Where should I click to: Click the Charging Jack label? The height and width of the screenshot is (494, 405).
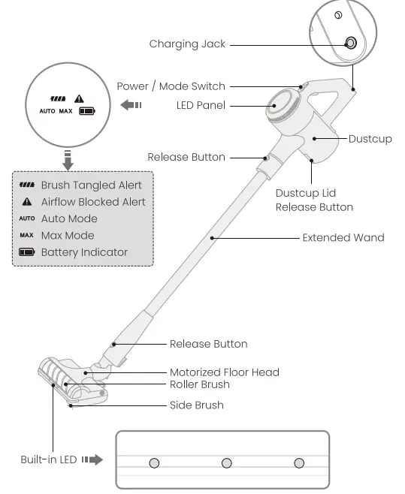pos(186,44)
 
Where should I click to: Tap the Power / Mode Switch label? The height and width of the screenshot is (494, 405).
pos(171,86)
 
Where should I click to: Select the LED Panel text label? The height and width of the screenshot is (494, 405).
pos(201,106)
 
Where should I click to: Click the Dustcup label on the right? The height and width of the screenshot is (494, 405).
pos(370,139)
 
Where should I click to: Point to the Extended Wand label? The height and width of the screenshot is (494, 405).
pos(343,238)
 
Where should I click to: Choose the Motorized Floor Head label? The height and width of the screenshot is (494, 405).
pos(224,372)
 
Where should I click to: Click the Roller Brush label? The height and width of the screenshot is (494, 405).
pos(199,384)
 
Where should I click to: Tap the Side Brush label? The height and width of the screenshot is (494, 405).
pos(196,405)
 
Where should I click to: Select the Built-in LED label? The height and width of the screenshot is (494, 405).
pos(48,459)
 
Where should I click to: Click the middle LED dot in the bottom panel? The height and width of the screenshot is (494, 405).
pos(227,462)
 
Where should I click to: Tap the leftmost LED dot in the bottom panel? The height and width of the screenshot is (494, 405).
pos(154,462)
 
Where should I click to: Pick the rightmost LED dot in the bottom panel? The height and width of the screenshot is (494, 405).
pos(299,462)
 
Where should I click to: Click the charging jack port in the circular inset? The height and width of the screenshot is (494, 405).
pos(350,43)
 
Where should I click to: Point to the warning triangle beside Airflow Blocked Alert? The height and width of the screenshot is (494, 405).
pos(27,202)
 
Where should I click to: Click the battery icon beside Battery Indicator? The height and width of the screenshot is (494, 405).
pos(27,253)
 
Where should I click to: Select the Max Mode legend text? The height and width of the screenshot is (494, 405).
pos(68,236)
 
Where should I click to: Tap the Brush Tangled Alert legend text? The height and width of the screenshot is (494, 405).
pos(91,185)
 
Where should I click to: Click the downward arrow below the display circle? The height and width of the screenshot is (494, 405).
pos(68,160)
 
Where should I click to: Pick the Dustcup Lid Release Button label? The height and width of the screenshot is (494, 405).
pos(314,200)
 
